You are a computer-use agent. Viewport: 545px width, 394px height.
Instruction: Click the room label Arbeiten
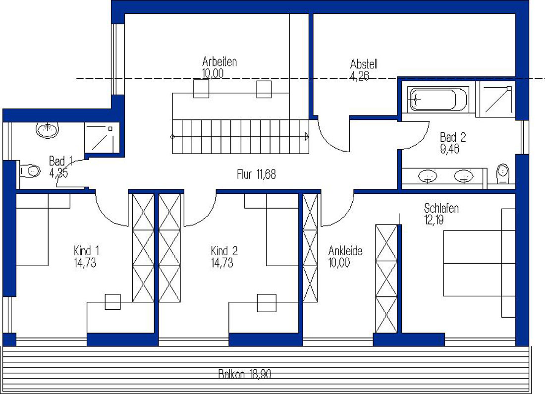pos(219,62)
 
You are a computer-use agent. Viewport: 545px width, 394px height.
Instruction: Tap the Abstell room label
pos(364,64)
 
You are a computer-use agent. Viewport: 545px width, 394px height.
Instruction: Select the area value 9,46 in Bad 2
pos(450,149)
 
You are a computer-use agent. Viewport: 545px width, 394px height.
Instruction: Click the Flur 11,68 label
pos(257,174)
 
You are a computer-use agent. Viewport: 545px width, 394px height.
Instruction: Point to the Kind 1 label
pos(87,251)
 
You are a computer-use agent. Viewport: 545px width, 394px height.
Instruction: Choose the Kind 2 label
pos(224,251)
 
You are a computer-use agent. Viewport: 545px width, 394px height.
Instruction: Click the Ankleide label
pos(345,251)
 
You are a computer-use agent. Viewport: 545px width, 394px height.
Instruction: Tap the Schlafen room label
pos(441,208)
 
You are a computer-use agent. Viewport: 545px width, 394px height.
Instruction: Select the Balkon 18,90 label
pos(245,374)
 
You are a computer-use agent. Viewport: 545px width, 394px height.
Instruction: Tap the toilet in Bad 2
pos(502,173)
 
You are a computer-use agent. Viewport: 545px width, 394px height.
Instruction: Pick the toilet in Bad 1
pos(29,170)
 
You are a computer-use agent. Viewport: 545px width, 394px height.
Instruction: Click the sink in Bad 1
pos(47,129)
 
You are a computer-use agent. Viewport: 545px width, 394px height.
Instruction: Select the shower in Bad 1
pos(102,137)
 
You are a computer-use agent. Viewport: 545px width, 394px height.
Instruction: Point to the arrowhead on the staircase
pos(307,136)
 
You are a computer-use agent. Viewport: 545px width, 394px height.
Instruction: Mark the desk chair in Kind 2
pos(267,303)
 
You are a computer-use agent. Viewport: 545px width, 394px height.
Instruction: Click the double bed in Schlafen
pos(479,263)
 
